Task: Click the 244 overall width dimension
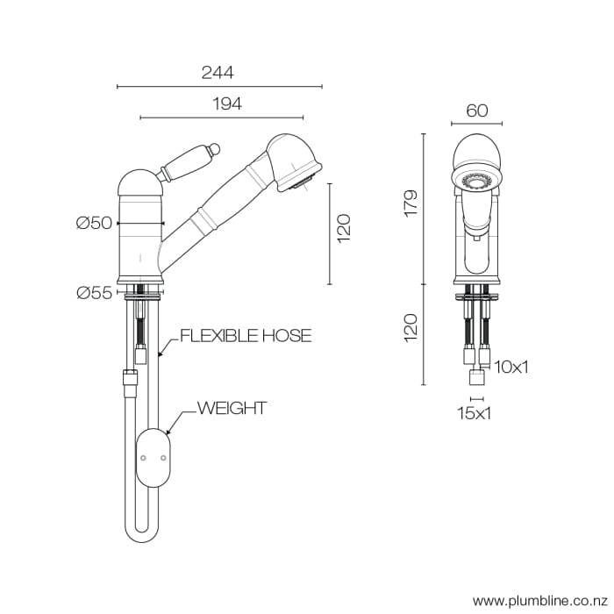click(x=218, y=73)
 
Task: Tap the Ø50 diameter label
click(x=94, y=223)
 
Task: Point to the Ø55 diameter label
click(x=94, y=293)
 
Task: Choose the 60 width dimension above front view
click(x=477, y=111)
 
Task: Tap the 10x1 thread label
click(x=511, y=367)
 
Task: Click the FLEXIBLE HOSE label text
click(x=246, y=336)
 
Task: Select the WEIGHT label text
click(x=232, y=408)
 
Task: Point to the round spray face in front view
click(x=476, y=179)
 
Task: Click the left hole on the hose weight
click(x=143, y=458)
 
